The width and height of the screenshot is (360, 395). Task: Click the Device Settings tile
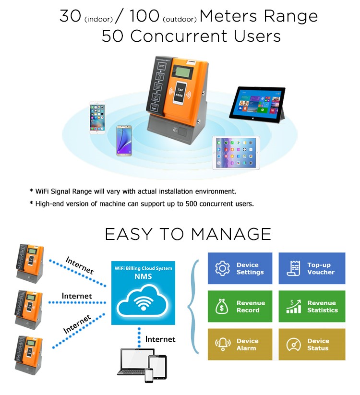[x=240, y=268]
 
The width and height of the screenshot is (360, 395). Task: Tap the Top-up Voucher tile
[x=312, y=268]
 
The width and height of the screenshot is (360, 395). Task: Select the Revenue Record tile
[x=240, y=306]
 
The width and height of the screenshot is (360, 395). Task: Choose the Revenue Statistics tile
[x=312, y=306]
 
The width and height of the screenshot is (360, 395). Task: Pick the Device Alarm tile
[x=240, y=344]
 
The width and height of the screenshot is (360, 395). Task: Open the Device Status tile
[x=312, y=344]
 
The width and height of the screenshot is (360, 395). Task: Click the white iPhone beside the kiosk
[x=97, y=118]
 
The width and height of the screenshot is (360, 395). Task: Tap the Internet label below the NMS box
[x=160, y=339]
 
